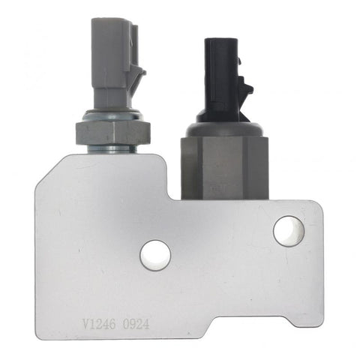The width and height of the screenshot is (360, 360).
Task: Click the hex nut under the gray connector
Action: point(112,132)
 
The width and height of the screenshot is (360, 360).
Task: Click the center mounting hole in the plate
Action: point(155,255)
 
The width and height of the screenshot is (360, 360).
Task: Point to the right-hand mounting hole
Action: point(288,231)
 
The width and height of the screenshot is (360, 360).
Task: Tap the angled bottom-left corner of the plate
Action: point(45,330)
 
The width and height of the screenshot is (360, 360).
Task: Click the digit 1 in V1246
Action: point(92,324)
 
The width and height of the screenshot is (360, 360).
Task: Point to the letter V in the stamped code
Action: point(85,324)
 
